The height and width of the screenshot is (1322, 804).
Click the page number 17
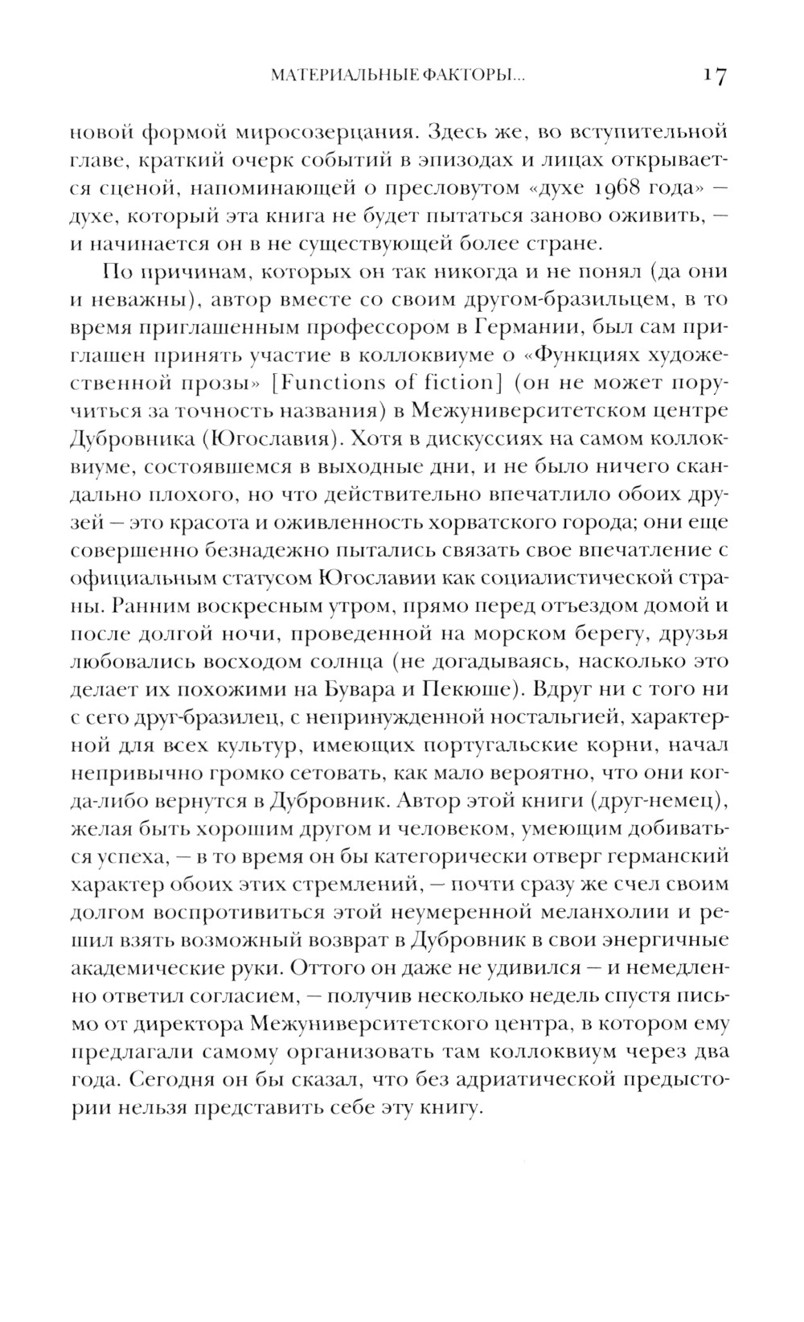pyautogui.click(x=714, y=76)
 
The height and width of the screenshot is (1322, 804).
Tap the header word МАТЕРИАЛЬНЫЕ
pyautogui.click(x=336, y=76)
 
